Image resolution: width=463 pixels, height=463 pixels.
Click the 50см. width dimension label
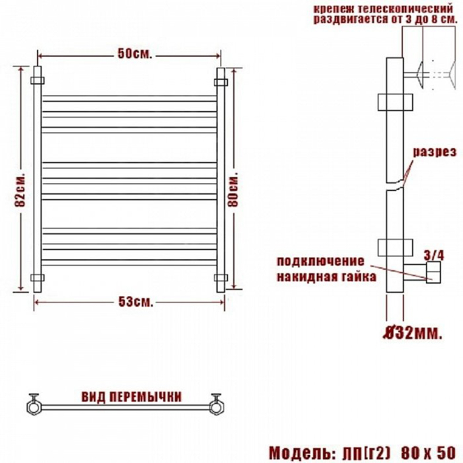pos(135,54)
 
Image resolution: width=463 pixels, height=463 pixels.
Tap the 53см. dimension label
pos(136,302)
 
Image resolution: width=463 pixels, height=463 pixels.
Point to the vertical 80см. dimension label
pos(233,188)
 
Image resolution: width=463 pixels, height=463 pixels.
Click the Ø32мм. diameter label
pos(413,333)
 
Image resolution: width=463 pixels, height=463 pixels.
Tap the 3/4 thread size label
pos(434,256)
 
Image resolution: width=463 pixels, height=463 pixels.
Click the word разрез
pos(434,153)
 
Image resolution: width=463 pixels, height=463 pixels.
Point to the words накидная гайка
pos(326,276)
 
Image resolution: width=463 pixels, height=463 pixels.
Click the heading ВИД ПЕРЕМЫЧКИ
pos(131,397)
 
